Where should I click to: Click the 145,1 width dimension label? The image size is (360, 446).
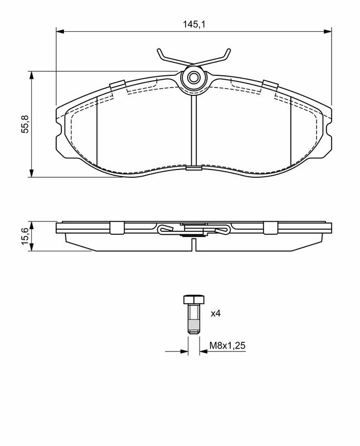[x=193, y=25]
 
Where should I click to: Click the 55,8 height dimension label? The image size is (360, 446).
[x=25, y=124]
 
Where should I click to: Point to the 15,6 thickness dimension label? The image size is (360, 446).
[x=25, y=236]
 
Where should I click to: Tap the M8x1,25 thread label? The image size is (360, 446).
[x=227, y=346]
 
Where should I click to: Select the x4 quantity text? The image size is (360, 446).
[x=216, y=313]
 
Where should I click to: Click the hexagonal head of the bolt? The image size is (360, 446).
[x=193, y=299]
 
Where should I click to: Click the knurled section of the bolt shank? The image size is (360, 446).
[x=193, y=324]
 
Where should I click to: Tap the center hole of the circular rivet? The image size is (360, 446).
[x=193, y=77]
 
